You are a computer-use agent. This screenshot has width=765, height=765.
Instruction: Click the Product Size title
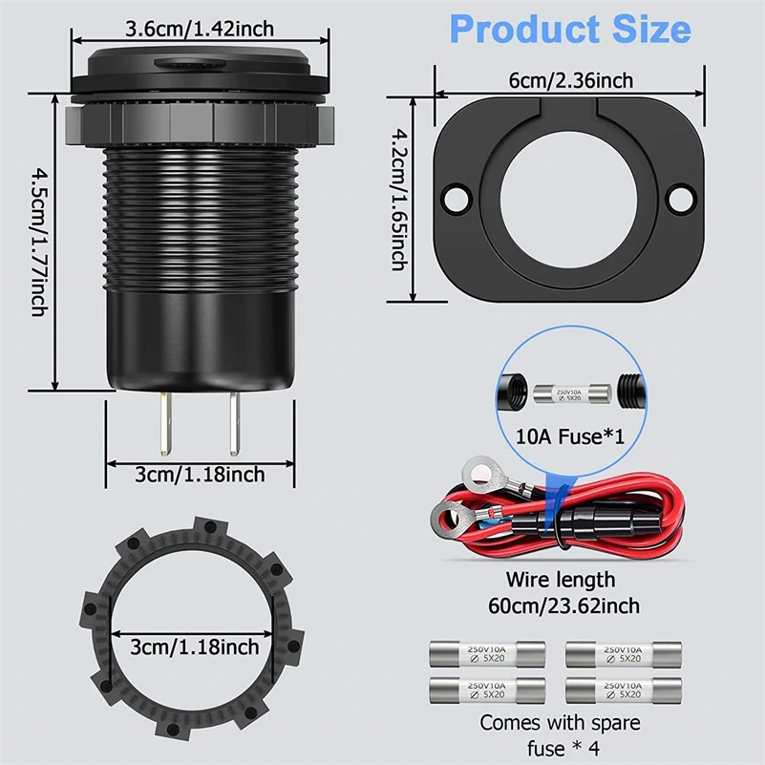pos(570,29)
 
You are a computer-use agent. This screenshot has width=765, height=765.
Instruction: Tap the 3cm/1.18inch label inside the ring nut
pos(195,647)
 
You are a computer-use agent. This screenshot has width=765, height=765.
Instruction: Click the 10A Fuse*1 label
pos(570,437)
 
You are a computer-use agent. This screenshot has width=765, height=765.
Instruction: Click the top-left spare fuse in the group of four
pos(487,653)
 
